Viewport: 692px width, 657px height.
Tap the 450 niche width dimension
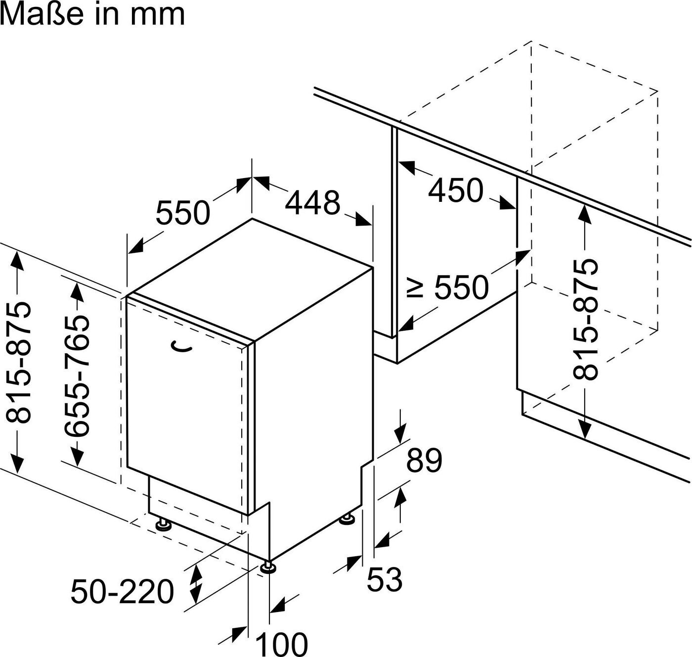[455, 190]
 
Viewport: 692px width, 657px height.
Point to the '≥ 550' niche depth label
[448, 287]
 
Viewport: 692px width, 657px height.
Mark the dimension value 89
[424, 460]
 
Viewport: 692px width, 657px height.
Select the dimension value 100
[282, 644]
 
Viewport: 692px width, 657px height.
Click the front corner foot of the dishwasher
[268, 567]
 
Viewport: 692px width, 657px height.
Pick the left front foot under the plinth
[163, 524]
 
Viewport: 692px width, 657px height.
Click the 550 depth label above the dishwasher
[183, 213]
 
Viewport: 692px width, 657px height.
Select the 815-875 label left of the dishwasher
[18, 362]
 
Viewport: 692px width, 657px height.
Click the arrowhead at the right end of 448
[363, 219]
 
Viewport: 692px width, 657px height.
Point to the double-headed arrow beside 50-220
[196, 583]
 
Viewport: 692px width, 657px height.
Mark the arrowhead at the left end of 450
[407, 167]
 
